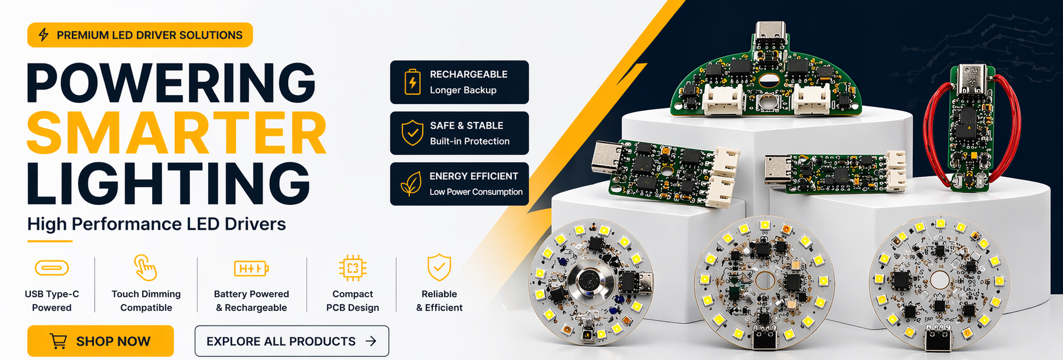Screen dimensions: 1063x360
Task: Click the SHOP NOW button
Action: [x=100, y=341]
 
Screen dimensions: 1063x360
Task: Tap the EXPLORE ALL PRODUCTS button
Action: [x=292, y=341]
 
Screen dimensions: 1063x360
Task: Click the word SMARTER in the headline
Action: [x=177, y=133]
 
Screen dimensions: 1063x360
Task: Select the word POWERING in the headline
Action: [x=171, y=83]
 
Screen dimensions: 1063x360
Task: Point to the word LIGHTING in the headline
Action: [x=168, y=183]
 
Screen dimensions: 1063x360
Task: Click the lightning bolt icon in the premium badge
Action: [x=43, y=35]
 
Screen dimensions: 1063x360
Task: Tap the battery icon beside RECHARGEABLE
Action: [x=412, y=82]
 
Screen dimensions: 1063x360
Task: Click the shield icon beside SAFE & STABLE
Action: [x=412, y=133]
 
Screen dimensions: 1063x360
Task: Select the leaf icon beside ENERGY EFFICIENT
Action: [x=411, y=184]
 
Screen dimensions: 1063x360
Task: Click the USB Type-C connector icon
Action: [x=51, y=268]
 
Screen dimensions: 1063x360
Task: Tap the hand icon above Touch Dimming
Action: [x=146, y=268]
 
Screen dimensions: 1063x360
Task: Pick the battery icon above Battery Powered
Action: [x=251, y=269]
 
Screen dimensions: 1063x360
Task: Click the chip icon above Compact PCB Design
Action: [x=353, y=269]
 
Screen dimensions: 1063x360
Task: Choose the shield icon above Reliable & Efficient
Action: [x=439, y=268]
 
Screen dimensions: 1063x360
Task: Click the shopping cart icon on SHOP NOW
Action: [x=58, y=341]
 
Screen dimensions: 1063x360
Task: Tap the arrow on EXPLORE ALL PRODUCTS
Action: [x=371, y=341]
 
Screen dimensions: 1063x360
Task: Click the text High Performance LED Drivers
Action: [x=157, y=224]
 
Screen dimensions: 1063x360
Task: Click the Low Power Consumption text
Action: [x=476, y=192]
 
